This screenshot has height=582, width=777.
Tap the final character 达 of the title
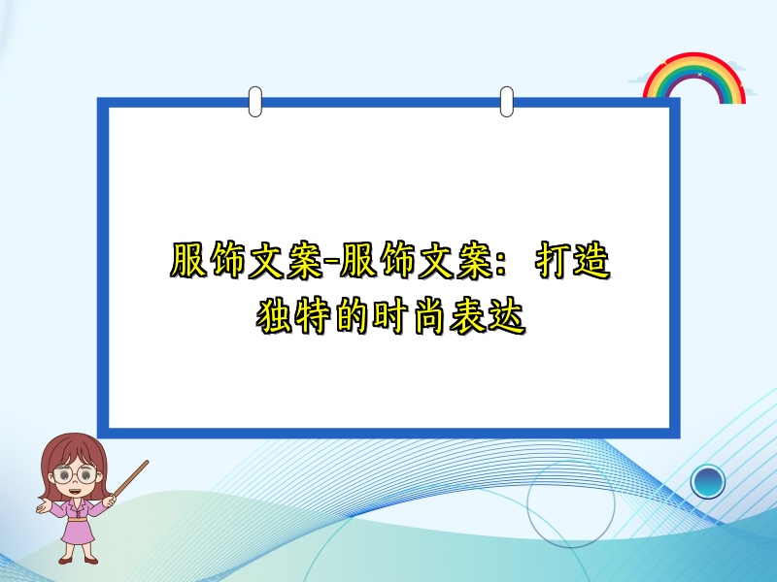(x=506, y=315)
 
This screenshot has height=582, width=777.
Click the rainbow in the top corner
(x=694, y=78)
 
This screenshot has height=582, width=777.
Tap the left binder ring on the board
(x=255, y=101)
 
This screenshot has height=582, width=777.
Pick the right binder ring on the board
(x=506, y=101)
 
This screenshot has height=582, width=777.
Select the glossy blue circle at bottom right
(x=708, y=480)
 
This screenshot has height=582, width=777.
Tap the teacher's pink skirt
(x=79, y=530)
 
